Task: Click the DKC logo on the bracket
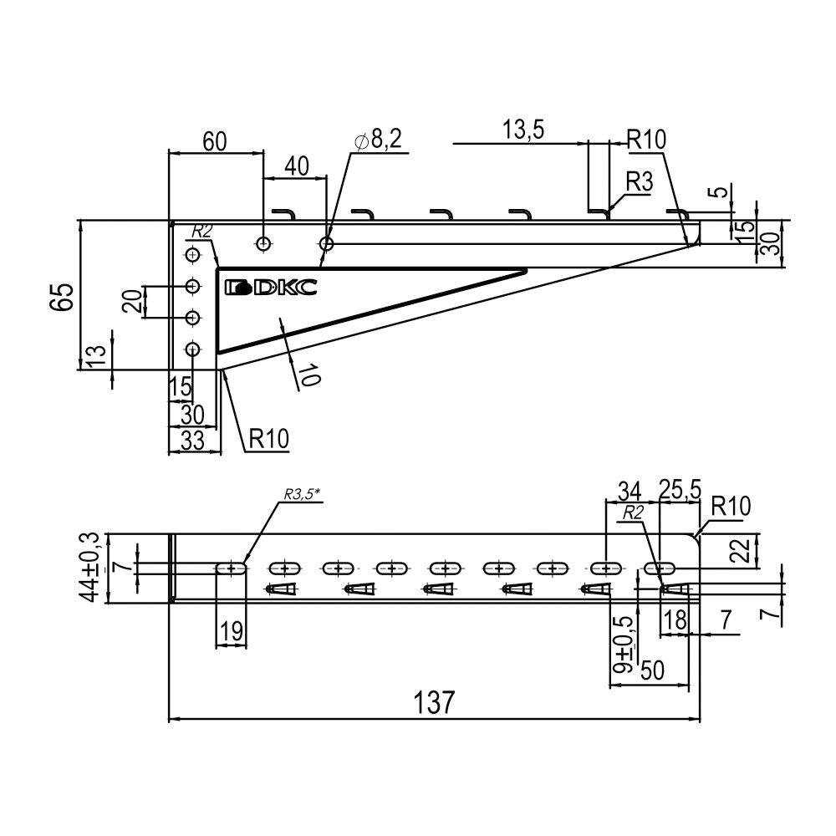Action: coord(271,288)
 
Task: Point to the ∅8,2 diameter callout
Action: coord(378,140)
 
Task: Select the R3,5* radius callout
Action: coord(302,494)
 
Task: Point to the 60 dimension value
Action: coord(214,140)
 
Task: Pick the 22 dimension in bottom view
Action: coord(739,551)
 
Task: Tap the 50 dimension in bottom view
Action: coord(652,670)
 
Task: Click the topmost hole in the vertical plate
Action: coord(193,254)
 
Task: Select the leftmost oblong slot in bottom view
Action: coord(232,568)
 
